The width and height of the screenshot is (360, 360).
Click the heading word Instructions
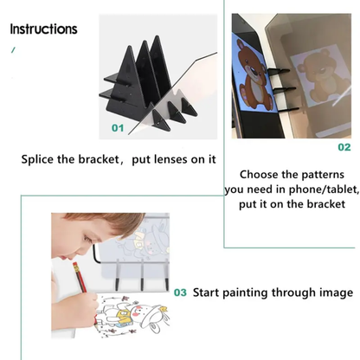point(43,29)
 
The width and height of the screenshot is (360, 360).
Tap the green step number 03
point(180,292)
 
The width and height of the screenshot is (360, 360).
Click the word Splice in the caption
point(42,159)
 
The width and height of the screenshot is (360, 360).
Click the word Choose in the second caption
point(260,175)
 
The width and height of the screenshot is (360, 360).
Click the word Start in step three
point(211,292)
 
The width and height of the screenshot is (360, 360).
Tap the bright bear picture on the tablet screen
point(254,80)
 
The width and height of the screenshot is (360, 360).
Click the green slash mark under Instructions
point(13,51)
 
